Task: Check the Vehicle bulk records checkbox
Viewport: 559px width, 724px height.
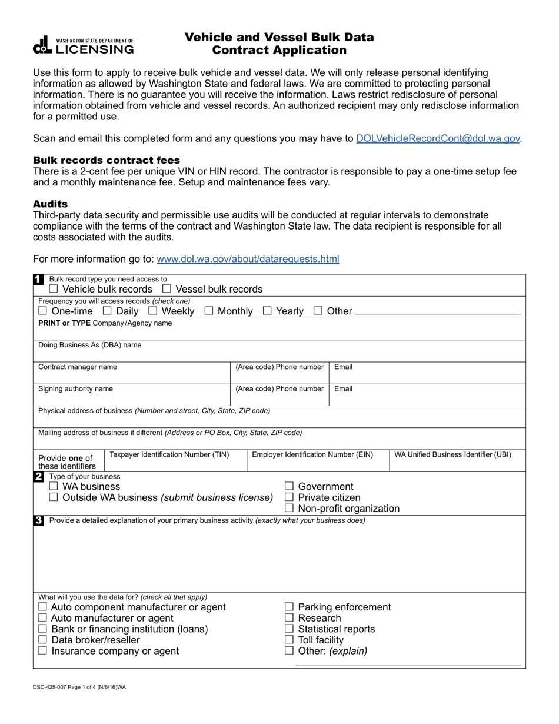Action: click(54, 289)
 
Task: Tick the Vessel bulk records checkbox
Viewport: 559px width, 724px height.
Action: click(167, 289)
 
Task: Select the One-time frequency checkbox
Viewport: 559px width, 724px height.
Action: click(43, 311)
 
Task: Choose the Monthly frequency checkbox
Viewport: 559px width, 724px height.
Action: click(209, 311)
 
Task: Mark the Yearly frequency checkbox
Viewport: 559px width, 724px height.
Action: click(267, 311)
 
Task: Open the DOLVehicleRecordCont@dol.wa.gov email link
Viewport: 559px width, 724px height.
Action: click(438, 138)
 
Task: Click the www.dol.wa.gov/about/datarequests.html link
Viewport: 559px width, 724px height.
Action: click(248, 259)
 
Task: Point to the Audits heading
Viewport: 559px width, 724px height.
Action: click(50, 204)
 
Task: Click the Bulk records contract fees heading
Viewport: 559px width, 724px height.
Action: click(107, 160)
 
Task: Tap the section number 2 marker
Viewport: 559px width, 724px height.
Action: click(38, 477)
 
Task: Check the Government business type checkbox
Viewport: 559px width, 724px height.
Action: click(289, 486)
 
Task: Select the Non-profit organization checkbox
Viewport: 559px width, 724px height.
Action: click(289, 509)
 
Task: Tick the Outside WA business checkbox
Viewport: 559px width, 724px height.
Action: click(54, 497)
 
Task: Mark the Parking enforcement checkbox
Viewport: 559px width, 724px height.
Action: click(289, 607)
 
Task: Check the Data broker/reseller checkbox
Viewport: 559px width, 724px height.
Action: click(43, 640)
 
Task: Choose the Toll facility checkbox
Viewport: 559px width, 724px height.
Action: click(289, 640)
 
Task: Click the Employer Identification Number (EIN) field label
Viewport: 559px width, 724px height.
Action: click(312, 454)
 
